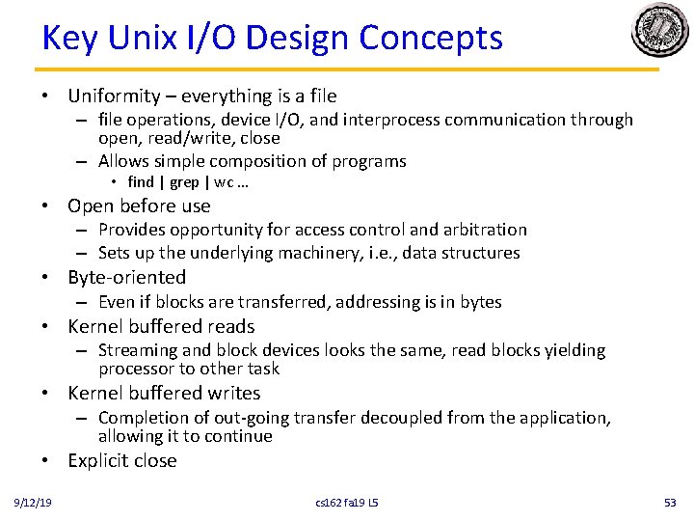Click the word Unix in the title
click(x=145, y=39)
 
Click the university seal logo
click(x=660, y=31)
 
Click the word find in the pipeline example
click(x=141, y=182)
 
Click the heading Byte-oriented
click(x=126, y=278)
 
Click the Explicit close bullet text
click(x=122, y=460)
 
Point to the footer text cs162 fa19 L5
click(x=346, y=502)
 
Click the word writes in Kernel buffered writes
click(x=232, y=394)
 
